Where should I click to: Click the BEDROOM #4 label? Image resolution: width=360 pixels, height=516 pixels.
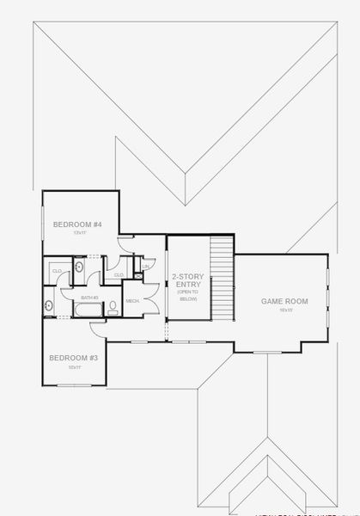click(77, 224)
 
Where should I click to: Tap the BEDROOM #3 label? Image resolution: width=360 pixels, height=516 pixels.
click(73, 358)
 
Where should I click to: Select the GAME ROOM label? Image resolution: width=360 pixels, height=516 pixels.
click(284, 301)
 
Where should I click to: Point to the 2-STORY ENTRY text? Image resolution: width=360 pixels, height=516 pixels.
click(186, 280)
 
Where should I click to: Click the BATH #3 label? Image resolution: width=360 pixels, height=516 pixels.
click(90, 298)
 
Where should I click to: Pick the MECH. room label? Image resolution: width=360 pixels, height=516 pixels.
click(133, 301)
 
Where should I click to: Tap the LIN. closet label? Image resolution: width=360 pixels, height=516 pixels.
click(147, 267)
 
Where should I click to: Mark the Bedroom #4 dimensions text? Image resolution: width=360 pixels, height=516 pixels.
click(80, 233)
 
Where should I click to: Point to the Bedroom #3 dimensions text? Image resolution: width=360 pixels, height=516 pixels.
click(74, 367)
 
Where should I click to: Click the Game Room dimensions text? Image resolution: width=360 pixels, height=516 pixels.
click(285, 310)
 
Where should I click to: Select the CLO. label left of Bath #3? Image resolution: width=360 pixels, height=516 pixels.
click(57, 271)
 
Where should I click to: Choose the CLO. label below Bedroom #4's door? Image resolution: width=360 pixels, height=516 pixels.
click(119, 274)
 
